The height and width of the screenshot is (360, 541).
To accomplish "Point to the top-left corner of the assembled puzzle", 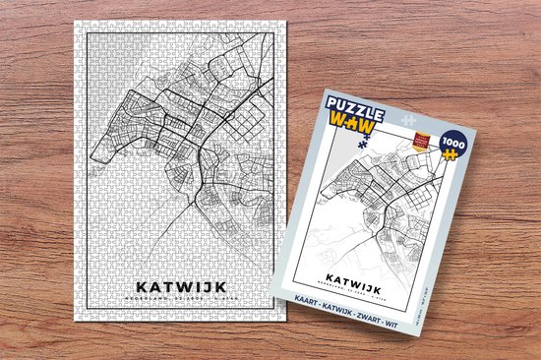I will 75,21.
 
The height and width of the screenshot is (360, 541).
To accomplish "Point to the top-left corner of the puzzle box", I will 324,90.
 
